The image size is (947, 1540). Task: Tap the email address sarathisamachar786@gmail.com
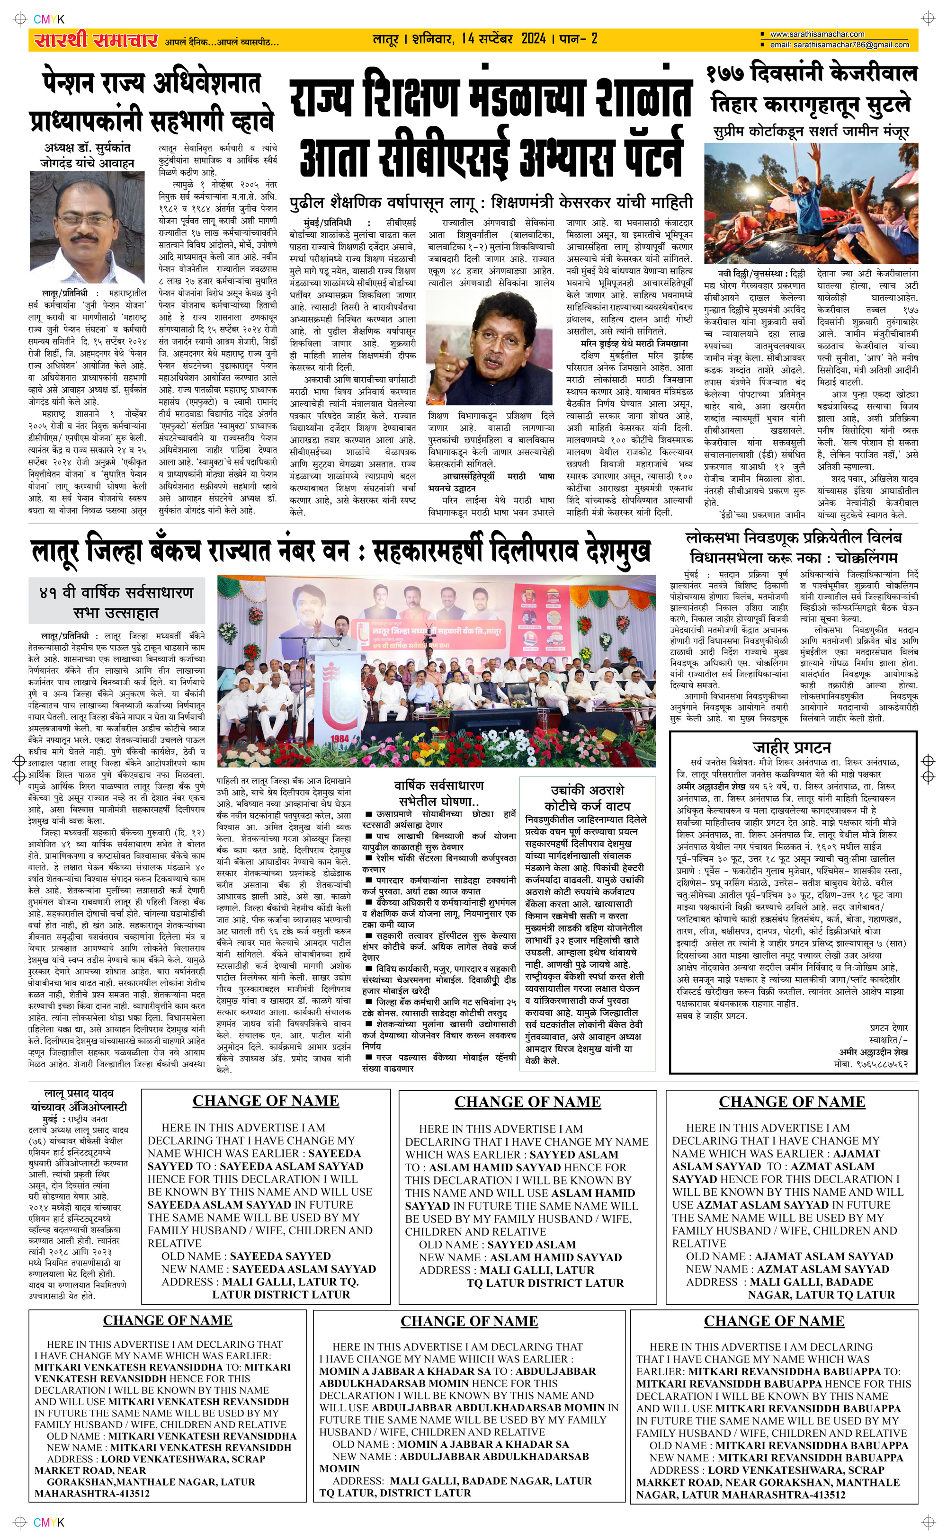[x=839, y=45]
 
